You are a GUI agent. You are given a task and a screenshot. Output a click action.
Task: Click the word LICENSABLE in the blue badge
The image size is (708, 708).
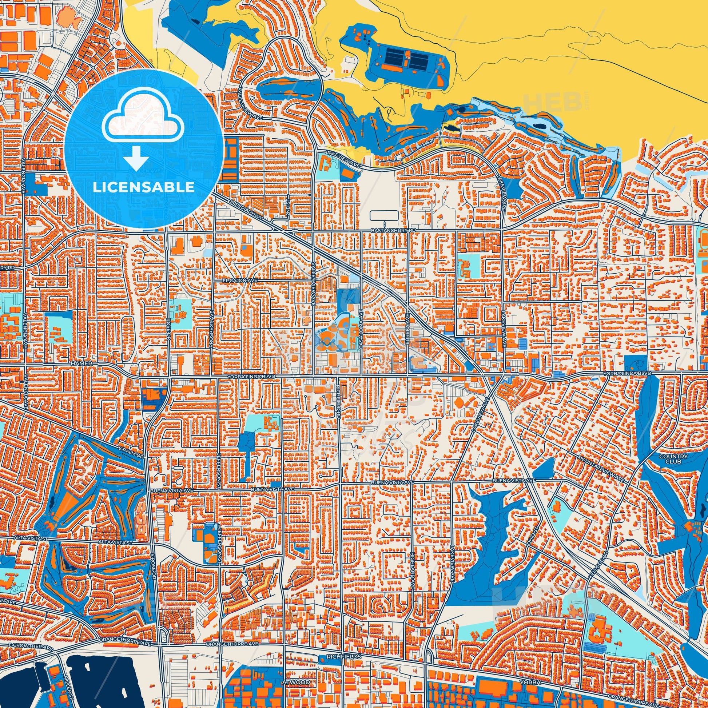tap(143, 187)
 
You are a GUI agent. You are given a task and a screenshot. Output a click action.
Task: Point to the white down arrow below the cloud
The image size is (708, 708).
tap(136, 158)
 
